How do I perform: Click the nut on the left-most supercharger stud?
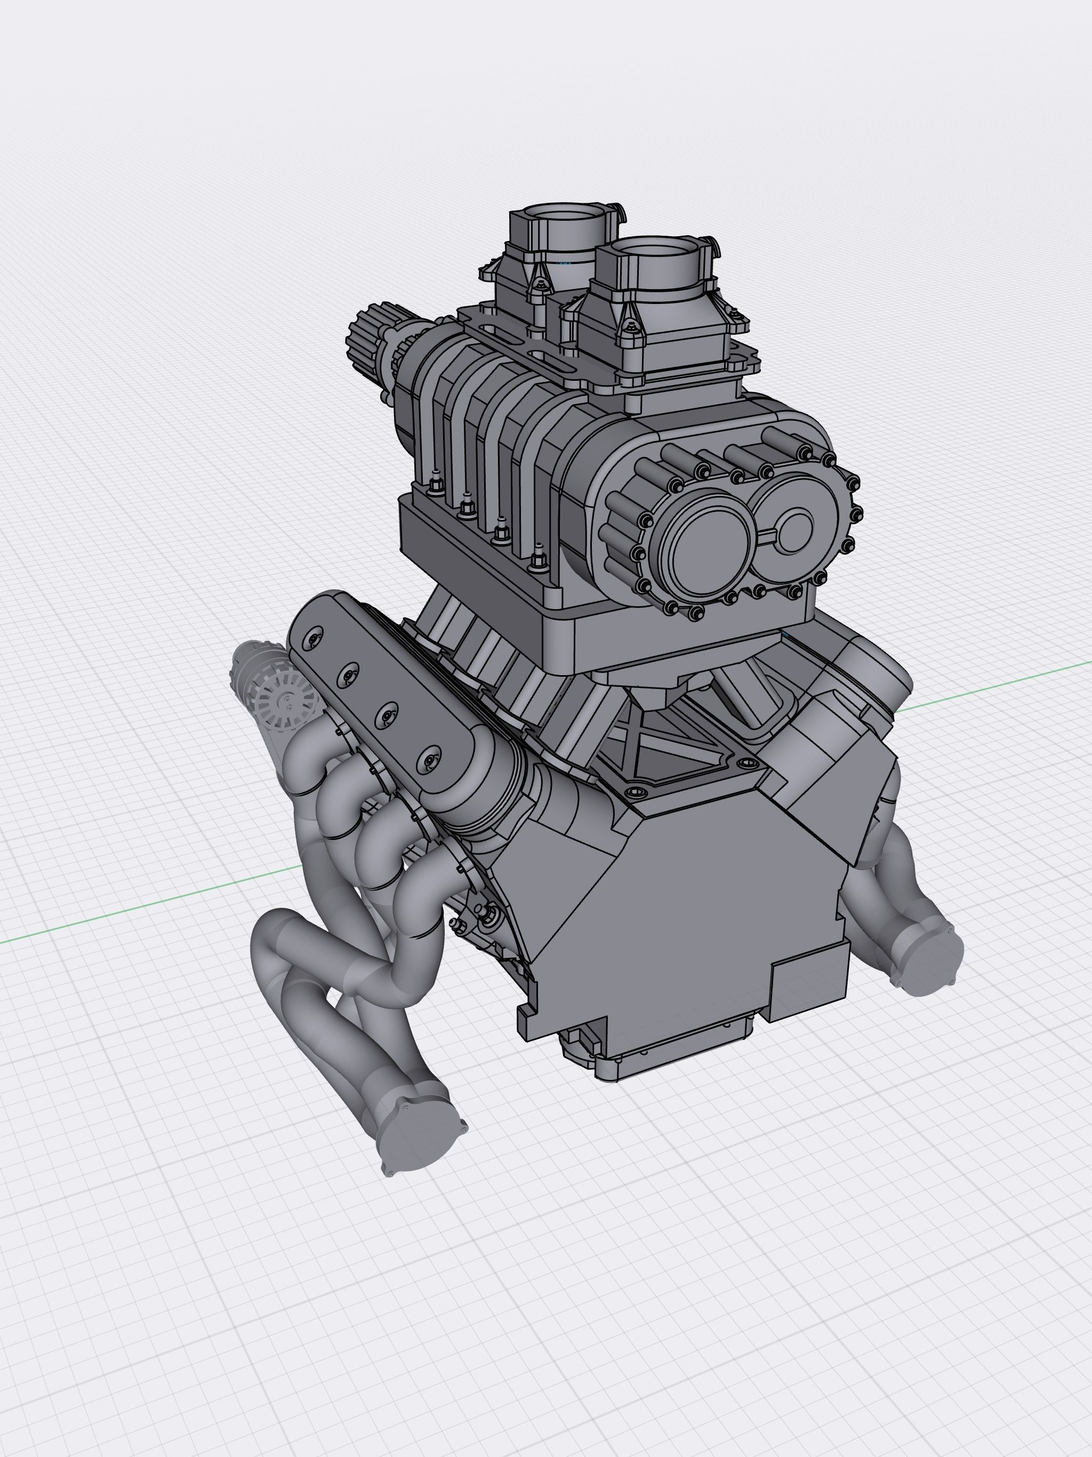pyautogui.click(x=435, y=487)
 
